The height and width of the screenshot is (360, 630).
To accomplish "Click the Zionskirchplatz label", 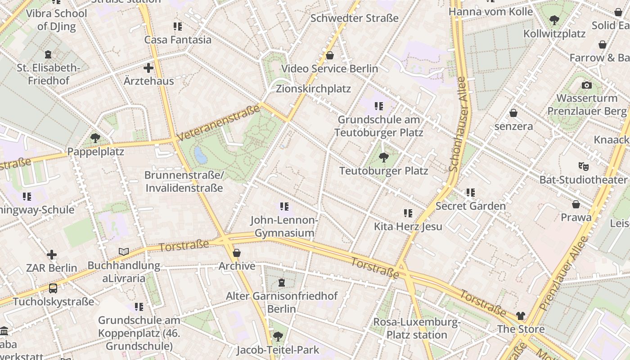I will [313, 89].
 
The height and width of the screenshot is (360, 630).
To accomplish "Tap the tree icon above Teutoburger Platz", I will [383, 157].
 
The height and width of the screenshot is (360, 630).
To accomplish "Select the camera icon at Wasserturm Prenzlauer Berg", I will [586, 85].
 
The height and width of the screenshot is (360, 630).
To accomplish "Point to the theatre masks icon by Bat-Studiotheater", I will [583, 166].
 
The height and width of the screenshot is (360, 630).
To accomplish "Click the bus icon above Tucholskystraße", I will [53, 288].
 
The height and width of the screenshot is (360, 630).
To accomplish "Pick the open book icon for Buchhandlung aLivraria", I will [123, 252].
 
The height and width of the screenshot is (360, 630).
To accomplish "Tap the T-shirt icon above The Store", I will [520, 315].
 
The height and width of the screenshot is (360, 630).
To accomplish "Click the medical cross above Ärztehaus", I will [148, 68].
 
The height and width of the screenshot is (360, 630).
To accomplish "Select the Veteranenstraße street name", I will [219, 123].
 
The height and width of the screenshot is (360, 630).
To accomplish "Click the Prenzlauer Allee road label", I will [564, 273].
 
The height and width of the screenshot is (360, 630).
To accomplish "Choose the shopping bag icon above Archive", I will [237, 253].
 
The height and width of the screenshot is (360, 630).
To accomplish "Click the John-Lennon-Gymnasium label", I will [284, 226].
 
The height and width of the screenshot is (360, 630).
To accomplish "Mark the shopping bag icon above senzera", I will [513, 113].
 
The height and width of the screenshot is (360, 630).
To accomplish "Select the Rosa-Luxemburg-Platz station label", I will [417, 328].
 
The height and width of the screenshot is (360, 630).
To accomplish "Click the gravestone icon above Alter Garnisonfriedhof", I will [282, 283].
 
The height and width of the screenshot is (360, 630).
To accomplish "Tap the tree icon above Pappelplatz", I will [95, 138].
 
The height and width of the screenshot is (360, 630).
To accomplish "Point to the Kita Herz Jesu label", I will [408, 226].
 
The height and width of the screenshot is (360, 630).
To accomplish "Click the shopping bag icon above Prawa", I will [576, 204].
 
